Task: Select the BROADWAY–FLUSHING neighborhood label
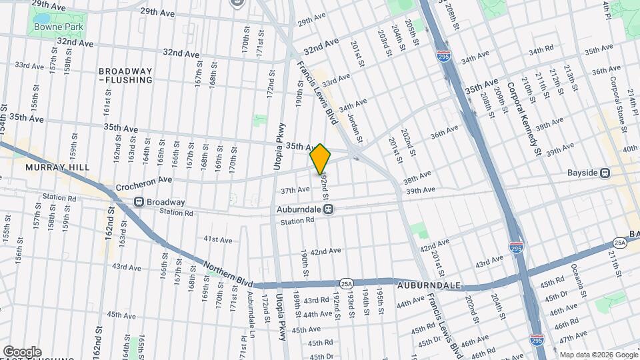125,75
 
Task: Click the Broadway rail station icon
139,202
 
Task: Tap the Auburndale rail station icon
329,209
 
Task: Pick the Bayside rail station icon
605,173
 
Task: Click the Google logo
22,352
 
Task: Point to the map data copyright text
598,355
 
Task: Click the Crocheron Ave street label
144,180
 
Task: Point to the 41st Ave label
217,239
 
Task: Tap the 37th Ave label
295,190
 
